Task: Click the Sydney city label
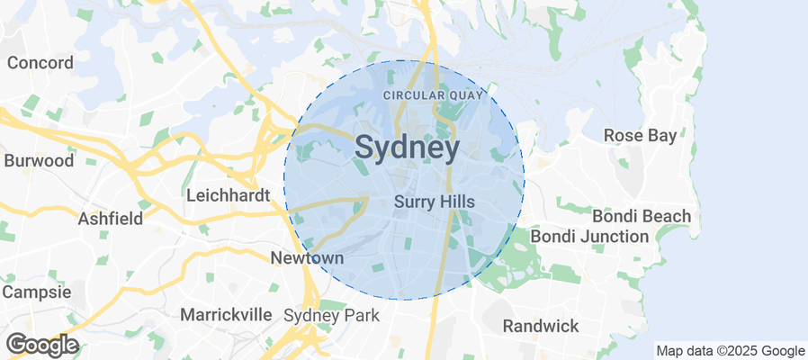click(x=408, y=148)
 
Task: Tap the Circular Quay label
click(x=434, y=95)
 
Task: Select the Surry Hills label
click(x=435, y=203)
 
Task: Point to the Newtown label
click(x=308, y=258)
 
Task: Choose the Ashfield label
click(x=111, y=219)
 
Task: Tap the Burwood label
click(x=39, y=161)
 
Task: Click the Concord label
click(x=40, y=63)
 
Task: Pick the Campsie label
click(x=36, y=292)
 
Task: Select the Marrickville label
click(x=226, y=315)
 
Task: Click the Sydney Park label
click(x=331, y=316)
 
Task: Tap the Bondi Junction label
click(x=589, y=237)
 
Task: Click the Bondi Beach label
click(x=642, y=216)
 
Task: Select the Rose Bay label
click(x=637, y=135)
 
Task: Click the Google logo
click(x=41, y=345)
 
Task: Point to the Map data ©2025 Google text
click(x=730, y=351)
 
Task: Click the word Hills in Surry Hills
click(x=455, y=203)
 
